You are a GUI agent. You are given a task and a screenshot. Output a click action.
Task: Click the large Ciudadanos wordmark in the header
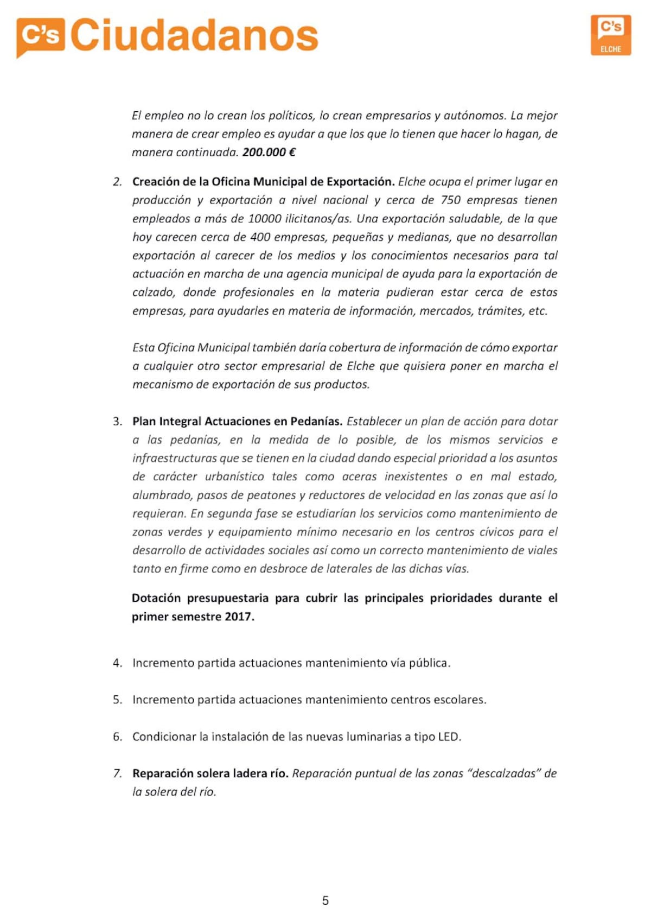click(x=194, y=36)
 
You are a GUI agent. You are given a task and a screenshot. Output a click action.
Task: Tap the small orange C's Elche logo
click(x=610, y=35)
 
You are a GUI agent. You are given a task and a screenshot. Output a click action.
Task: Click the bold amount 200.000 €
click(x=269, y=153)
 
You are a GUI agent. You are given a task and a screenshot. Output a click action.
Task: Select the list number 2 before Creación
click(x=117, y=182)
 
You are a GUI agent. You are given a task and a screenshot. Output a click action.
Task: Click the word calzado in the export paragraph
click(x=154, y=293)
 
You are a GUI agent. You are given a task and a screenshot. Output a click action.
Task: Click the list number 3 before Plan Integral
click(x=117, y=422)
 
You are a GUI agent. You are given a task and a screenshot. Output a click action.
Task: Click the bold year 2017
click(x=239, y=617)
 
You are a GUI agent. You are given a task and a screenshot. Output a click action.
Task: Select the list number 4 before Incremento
click(x=117, y=663)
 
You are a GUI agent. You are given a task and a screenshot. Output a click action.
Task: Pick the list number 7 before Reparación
click(x=117, y=774)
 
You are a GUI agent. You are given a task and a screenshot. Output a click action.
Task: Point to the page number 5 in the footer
click(x=325, y=901)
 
